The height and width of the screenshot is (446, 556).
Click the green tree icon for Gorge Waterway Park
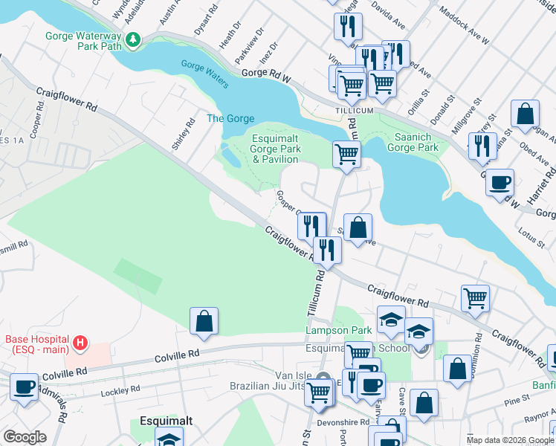pos(134,39)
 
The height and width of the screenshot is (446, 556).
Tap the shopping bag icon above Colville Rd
pos(204,320)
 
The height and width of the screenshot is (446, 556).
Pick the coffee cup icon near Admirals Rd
pos(24,387)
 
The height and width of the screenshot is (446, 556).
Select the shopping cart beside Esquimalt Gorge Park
pos(346,155)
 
